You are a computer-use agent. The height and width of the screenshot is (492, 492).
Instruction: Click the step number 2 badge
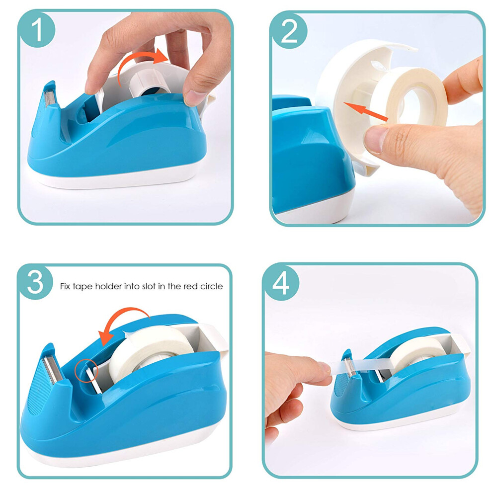point(289,31)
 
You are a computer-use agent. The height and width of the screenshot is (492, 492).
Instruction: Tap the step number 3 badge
point(35,282)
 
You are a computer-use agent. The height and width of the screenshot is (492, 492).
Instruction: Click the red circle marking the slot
point(87,371)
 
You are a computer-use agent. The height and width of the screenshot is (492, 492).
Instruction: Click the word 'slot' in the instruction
point(149,286)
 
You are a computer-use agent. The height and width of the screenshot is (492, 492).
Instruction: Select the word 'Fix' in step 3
point(65,286)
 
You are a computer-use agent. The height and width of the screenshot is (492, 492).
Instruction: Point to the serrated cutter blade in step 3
point(50,369)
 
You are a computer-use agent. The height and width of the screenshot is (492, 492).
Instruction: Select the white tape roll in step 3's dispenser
point(150,351)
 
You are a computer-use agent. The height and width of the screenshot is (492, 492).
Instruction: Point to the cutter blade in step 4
point(349,366)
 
